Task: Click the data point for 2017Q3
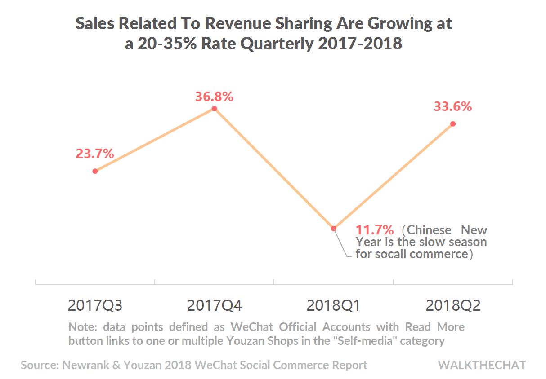pyautogui.click(x=95, y=171)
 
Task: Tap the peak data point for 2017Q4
pyautogui.click(x=215, y=109)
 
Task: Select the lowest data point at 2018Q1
pyautogui.click(x=334, y=228)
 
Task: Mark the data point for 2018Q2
pyautogui.click(x=453, y=123)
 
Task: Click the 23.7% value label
pyautogui.click(x=94, y=154)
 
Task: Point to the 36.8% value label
pyautogui.click(x=214, y=97)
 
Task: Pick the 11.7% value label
pyautogui.click(x=375, y=230)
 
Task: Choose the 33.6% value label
pyautogui.click(x=453, y=107)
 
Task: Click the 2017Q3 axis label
pyautogui.click(x=95, y=306)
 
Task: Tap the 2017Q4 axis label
pyautogui.click(x=215, y=306)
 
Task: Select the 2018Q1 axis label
pyautogui.click(x=334, y=306)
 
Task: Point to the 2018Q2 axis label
pyautogui.click(x=453, y=306)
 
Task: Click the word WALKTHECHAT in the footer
pyautogui.click(x=482, y=365)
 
